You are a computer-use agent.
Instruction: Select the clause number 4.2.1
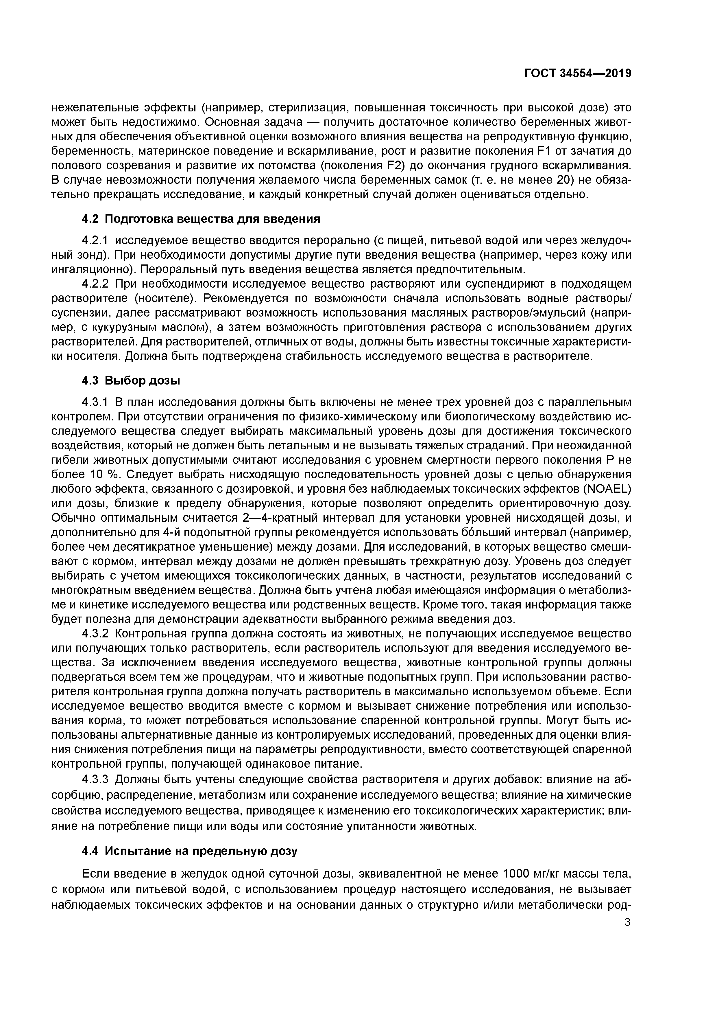pos(95,240)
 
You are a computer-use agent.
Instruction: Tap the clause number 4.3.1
pos(95,402)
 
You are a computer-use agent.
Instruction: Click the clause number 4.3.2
pos(95,633)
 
